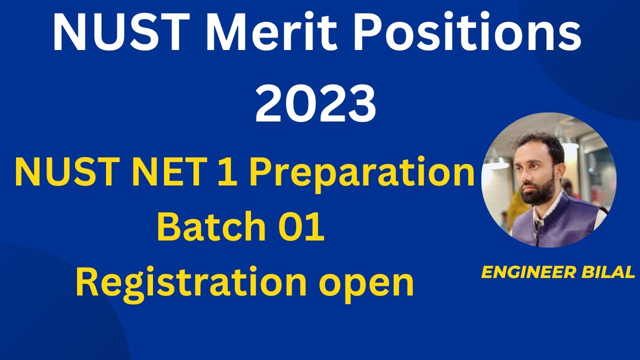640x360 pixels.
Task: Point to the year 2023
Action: point(315,104)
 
